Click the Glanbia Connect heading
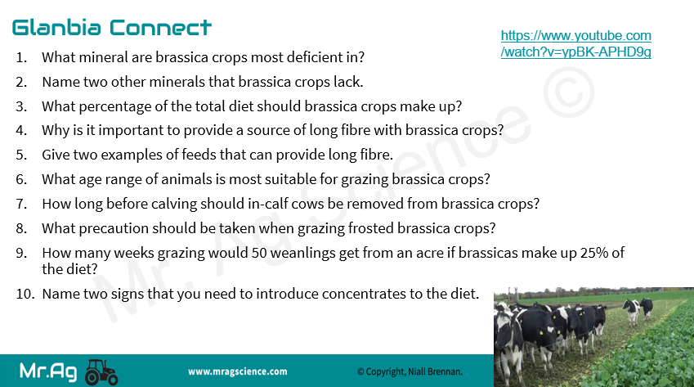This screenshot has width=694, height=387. click(111, 28)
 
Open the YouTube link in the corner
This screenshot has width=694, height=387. click(575, 43)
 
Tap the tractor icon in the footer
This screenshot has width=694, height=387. click(101, 372)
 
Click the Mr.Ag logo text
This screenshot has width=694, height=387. click(48, 371)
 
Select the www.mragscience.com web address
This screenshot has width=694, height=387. click(238, 371)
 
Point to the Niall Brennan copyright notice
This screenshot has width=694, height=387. click(410, 371)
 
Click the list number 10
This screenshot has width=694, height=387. click(25, 294)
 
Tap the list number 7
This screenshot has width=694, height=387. click(21, 204)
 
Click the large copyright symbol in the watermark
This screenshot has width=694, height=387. click(569, 92)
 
